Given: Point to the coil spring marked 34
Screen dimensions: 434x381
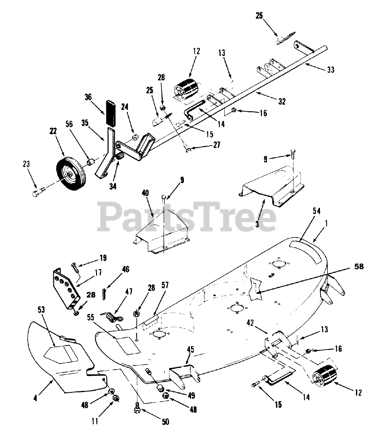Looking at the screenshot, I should [120, 158].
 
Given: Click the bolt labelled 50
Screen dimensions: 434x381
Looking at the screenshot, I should [137, 408].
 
